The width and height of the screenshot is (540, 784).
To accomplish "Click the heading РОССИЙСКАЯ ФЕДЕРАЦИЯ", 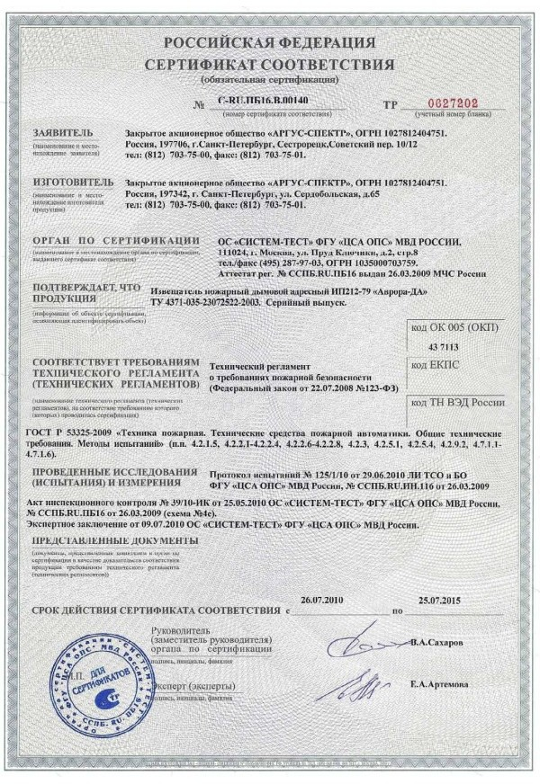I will tap(270, 44).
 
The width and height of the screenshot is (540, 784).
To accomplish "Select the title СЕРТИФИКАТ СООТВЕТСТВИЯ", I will tap(270, 65).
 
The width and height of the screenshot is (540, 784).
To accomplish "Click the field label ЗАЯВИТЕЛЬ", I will tap(62, 132).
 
